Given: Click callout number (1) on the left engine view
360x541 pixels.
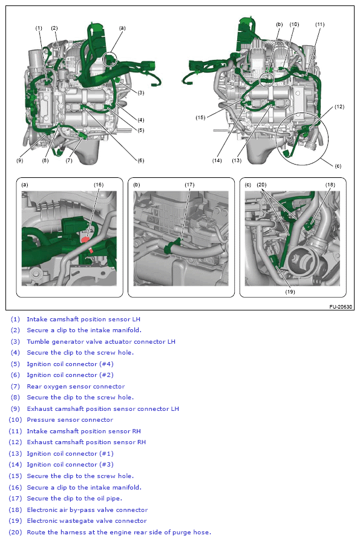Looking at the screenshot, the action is coord(39,28).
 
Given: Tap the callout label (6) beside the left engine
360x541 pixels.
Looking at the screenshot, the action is coord(141,160).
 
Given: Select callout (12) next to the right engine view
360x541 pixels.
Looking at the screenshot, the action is coord(339,107).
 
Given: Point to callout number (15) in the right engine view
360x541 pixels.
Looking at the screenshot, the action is coord(200,117).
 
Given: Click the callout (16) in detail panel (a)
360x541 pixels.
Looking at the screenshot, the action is coord(99,185).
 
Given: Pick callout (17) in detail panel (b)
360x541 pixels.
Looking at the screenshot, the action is coord(189,185).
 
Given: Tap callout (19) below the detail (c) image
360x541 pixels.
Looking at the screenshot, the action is coord(290,292).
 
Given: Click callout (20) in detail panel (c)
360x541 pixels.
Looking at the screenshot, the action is coord(262,185).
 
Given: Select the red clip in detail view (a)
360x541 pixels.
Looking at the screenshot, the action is coord(85,240).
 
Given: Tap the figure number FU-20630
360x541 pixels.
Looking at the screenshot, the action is coord(341,307).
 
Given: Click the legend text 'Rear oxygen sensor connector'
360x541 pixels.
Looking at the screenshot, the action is coord(76,387).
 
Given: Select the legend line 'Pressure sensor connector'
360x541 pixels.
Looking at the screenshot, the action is coord(70,420).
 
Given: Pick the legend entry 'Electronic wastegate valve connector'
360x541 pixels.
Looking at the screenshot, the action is coord(87,520).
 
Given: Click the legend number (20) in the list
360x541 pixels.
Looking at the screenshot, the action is coord(15,532).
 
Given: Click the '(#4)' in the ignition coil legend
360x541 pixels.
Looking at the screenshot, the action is coord(106,364).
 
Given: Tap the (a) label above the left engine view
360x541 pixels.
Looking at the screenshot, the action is coord(122,28).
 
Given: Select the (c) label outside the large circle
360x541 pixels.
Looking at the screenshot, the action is coord(338,166).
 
